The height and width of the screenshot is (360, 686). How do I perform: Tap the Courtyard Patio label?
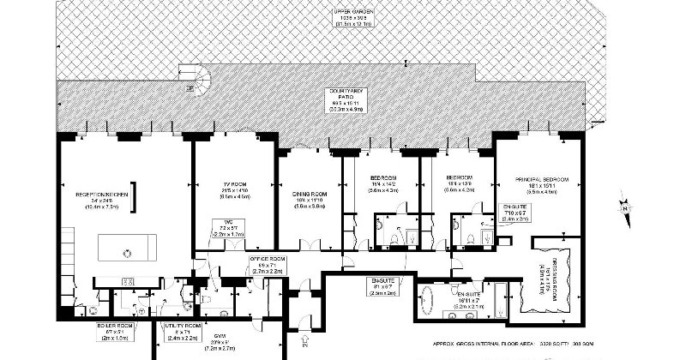(341, 99)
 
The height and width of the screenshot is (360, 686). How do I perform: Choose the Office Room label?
(262, 262)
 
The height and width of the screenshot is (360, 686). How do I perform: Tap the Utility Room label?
(182, 331)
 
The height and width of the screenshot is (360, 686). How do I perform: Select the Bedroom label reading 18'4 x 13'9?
(459, 183)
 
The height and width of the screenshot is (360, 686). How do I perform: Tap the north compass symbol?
(626, 206)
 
